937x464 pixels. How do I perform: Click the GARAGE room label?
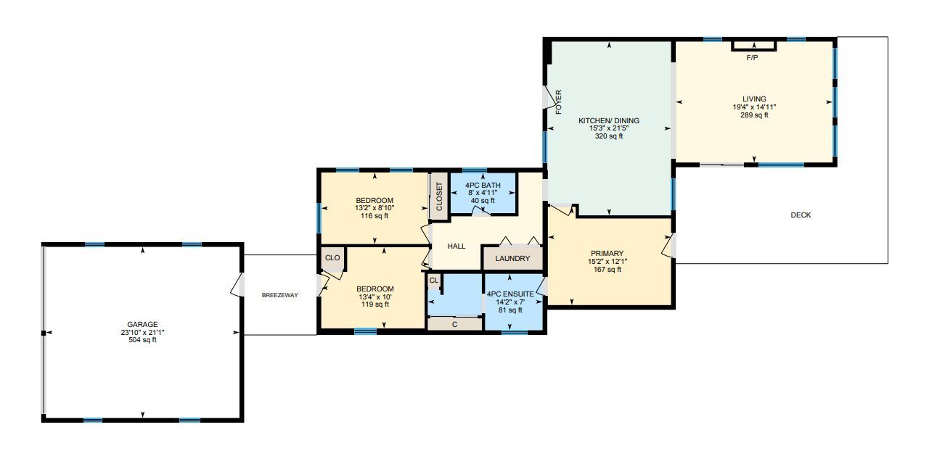point(142,324)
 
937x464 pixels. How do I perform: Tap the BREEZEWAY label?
point(280,295)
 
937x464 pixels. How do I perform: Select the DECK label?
point(801,215)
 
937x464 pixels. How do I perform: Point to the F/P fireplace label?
point(752,58)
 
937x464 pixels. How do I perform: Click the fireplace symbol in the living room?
point(754,46)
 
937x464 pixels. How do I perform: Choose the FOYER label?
point(558,102)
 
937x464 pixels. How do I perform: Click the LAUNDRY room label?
point(512,258)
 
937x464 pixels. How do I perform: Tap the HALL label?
point(457,246)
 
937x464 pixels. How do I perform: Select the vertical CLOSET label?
point(439,196)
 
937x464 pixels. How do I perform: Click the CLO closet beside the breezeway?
point(332,258)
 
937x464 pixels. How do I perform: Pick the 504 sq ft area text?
point(142,340)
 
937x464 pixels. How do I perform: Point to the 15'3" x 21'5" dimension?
point(609,128)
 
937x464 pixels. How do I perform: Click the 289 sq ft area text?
point(754,115)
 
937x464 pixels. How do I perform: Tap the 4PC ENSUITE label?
point(510,294)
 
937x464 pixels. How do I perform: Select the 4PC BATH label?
point(483,185)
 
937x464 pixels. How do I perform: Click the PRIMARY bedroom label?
point(607,253)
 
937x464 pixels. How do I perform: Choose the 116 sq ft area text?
point(375,216)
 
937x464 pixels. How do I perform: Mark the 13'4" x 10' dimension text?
point(375,297)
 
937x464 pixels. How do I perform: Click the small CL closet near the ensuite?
point(434,280)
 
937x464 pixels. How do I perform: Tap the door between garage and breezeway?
point(237,285)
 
